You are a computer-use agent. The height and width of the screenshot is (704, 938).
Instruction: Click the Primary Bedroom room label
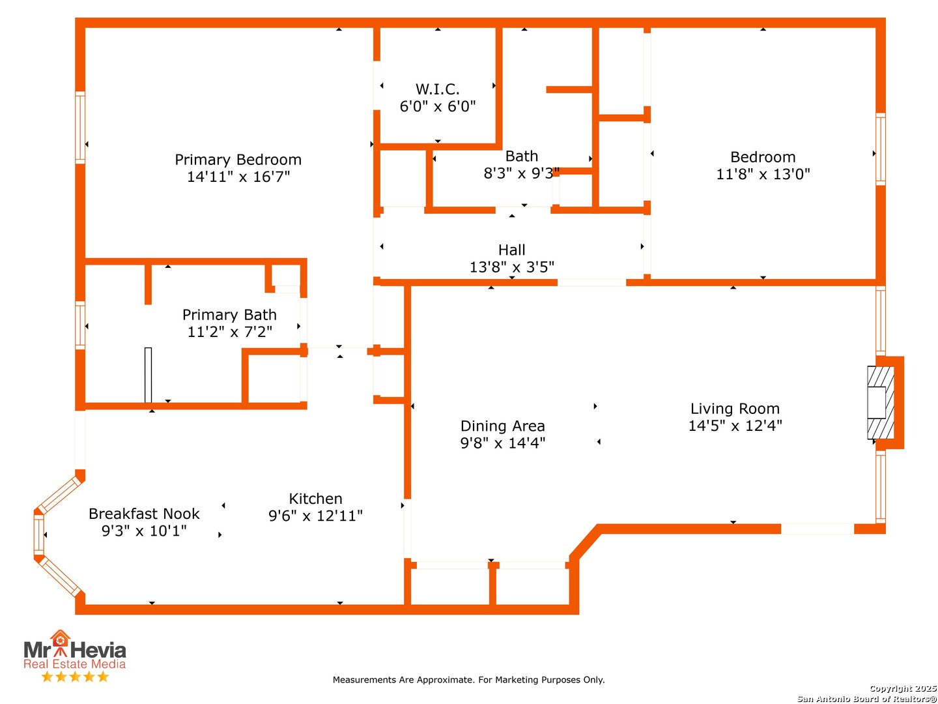pos(238,160)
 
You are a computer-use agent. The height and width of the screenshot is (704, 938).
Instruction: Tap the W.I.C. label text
pos(438,89)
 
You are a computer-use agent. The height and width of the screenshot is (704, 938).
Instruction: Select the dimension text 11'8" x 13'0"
pos(763,174)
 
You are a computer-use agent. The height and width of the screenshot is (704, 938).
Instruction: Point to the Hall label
pos(511,250)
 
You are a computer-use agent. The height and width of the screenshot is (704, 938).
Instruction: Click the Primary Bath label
pos(229,315)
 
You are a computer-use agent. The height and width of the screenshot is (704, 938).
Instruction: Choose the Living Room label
pos(735,409)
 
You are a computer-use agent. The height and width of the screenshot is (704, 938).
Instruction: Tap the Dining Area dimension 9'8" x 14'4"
pos(502,443)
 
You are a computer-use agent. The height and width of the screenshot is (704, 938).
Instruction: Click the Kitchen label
pos(315,499)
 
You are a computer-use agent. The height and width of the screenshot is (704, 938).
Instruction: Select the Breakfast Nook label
pos(144,514)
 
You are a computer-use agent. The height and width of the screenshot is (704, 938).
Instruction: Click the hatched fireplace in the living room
pos(880,402)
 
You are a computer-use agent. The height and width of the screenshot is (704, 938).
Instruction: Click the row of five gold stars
pos(75,677)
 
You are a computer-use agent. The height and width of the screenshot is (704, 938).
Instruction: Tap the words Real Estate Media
pos(74,664)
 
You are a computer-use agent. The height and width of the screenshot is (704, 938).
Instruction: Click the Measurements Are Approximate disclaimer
pos(468,680)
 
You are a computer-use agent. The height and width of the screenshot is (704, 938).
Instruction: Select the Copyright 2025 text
pos(903,688)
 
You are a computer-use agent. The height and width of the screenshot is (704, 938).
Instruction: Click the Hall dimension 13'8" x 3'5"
pos(511,267)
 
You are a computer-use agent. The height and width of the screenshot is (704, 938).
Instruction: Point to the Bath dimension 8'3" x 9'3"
pos(521,173)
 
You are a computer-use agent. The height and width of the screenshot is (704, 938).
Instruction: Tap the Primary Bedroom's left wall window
pos(80,127)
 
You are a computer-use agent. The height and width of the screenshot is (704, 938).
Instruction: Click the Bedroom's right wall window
pos(880,149)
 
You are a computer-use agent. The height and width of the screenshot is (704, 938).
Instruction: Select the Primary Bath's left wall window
pos(80,325)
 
